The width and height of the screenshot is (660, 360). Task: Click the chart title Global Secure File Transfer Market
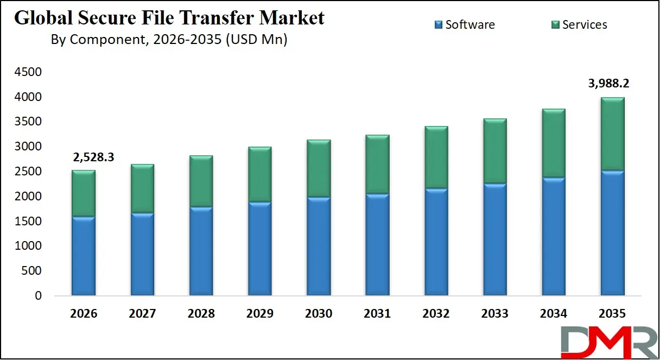click(169, 18)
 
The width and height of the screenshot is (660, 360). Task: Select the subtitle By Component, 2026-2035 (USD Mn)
click(169, 40)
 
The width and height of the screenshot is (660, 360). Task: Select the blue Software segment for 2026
click(84, 256)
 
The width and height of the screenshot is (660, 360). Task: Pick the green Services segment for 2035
click(612, 135)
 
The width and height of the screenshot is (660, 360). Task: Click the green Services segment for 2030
click(318, 169)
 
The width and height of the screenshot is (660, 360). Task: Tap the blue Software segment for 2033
click(494, 239)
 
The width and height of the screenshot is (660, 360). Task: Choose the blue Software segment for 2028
click(201, 251)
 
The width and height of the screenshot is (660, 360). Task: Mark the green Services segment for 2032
click(436, 157)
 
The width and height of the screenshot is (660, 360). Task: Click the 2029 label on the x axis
click(259, 314)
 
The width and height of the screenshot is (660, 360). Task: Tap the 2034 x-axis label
click(553, 314)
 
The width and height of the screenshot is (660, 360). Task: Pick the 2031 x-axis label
click(377, 314)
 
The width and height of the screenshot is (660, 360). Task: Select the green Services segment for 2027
click(142, 188)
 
